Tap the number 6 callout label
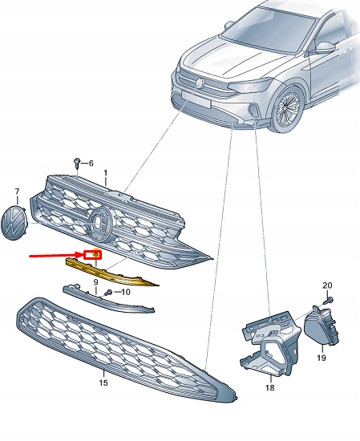click(91, 163)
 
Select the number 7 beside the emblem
click(17, 192)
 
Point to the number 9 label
click(95, 283)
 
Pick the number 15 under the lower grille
click(103, 384)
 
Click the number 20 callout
click(326, 286)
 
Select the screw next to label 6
click(76, 164)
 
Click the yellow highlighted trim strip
click(120, 269)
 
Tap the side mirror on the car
click(325, 47)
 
